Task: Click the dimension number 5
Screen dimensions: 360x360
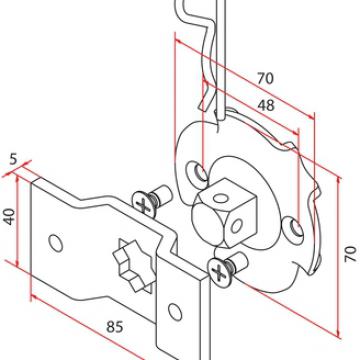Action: point(13,159)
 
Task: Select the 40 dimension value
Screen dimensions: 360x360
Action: point(10,217)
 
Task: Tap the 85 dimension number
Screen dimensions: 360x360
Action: point(115,327)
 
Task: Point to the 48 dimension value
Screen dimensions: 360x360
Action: point(266,105)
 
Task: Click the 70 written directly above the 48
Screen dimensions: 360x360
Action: point(265,79)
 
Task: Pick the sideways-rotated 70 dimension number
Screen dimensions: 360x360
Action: point(351,254)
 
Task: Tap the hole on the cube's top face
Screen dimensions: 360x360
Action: point(220,198)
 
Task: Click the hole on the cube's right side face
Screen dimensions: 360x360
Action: point(236,227)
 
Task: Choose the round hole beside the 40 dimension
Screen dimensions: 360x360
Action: point(56,243)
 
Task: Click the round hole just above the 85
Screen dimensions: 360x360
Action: point(175,312)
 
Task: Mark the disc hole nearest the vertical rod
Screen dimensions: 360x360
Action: point(199,173)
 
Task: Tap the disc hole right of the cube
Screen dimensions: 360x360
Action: point(294,229)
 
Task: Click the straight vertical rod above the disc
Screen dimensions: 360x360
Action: point(221,60)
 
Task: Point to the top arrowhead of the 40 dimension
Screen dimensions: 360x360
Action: point(17,179)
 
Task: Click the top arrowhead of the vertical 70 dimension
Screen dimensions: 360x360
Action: point(339,181)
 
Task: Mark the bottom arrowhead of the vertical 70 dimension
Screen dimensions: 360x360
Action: point(338,334)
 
